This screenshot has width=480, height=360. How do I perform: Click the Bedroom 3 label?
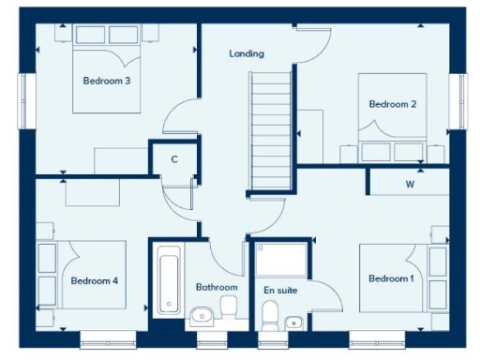[x=106, y=81]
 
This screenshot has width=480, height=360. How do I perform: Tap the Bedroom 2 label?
[x=392, y=104]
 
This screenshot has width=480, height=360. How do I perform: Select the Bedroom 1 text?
[x=391, y=278]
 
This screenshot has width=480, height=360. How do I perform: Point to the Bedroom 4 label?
[x=94, y=280]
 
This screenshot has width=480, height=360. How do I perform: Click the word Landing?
[x=247, y=53]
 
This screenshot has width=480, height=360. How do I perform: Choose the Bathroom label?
[x=216, y=287]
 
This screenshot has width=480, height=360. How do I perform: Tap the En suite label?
[x=280, y=291]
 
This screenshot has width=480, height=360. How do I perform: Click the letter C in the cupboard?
[x=174, y=159]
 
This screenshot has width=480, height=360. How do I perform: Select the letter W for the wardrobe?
[x=410, y=184]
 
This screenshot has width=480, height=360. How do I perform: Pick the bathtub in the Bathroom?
[x=170, y=279]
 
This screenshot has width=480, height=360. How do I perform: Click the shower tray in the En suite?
[x=280, y=259]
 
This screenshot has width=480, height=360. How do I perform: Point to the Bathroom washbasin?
[x=203, y=316]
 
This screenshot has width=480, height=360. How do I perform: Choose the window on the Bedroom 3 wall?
[x=25, y=98]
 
